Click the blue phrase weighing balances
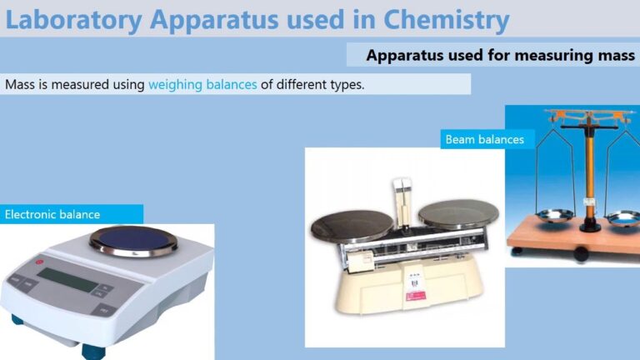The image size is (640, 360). pos(202,84)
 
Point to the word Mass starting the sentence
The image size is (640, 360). pos(19,84)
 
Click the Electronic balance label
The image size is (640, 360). pos(52,214)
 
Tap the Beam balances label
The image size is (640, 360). pos(484,139)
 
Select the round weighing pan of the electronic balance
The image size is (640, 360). pos(132,241)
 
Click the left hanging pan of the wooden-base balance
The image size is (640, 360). pos(552,217)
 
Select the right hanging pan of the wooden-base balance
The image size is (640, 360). pos(622,219)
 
